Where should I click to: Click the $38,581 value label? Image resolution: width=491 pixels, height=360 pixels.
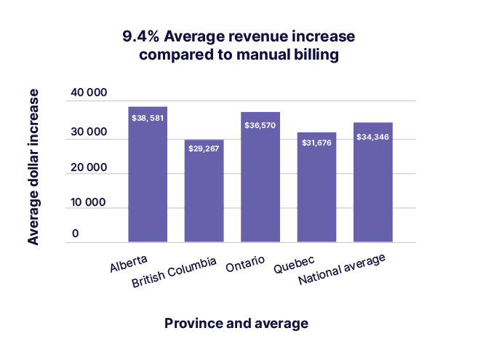coord(148,118)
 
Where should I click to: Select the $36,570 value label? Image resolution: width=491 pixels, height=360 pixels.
coord(260,124)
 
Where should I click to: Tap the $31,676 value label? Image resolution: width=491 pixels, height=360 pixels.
coord(316,143)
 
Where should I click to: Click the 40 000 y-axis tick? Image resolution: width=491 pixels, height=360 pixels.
coord(89,93)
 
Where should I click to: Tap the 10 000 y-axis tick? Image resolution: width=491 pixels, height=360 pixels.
coord(89,202)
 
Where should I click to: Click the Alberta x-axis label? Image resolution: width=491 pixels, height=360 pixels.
coord(129,263)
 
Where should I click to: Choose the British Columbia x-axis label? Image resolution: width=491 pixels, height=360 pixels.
coord(174,273)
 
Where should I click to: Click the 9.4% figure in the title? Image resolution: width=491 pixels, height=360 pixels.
coord(140,37)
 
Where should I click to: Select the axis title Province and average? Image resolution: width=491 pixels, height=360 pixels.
coord(236,323)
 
